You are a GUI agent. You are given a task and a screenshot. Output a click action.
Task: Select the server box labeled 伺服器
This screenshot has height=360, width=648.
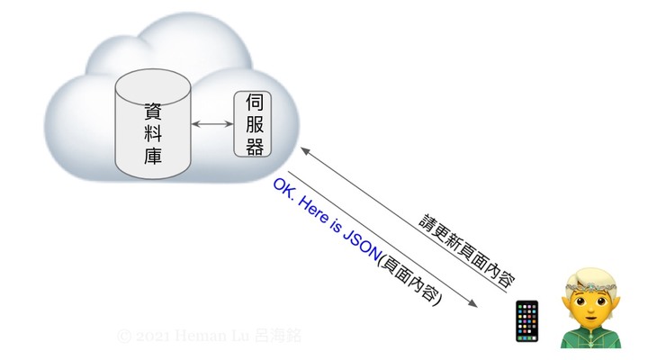coord(254,124)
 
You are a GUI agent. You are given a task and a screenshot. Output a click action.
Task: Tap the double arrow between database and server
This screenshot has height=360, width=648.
coord(212,124)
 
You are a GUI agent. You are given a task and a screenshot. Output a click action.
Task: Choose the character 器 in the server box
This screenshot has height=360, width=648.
coord(254,146)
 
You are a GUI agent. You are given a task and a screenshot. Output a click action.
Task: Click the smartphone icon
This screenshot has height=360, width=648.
coord(526,321)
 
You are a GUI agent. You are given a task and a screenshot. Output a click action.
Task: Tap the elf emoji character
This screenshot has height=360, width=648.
coord(590,307)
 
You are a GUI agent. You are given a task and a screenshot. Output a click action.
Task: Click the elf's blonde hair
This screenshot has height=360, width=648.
coord(590,275)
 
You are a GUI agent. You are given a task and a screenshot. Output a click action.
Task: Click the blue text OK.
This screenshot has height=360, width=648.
coord(282,188)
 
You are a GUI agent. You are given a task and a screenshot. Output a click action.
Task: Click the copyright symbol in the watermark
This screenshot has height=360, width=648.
coord(124,336)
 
